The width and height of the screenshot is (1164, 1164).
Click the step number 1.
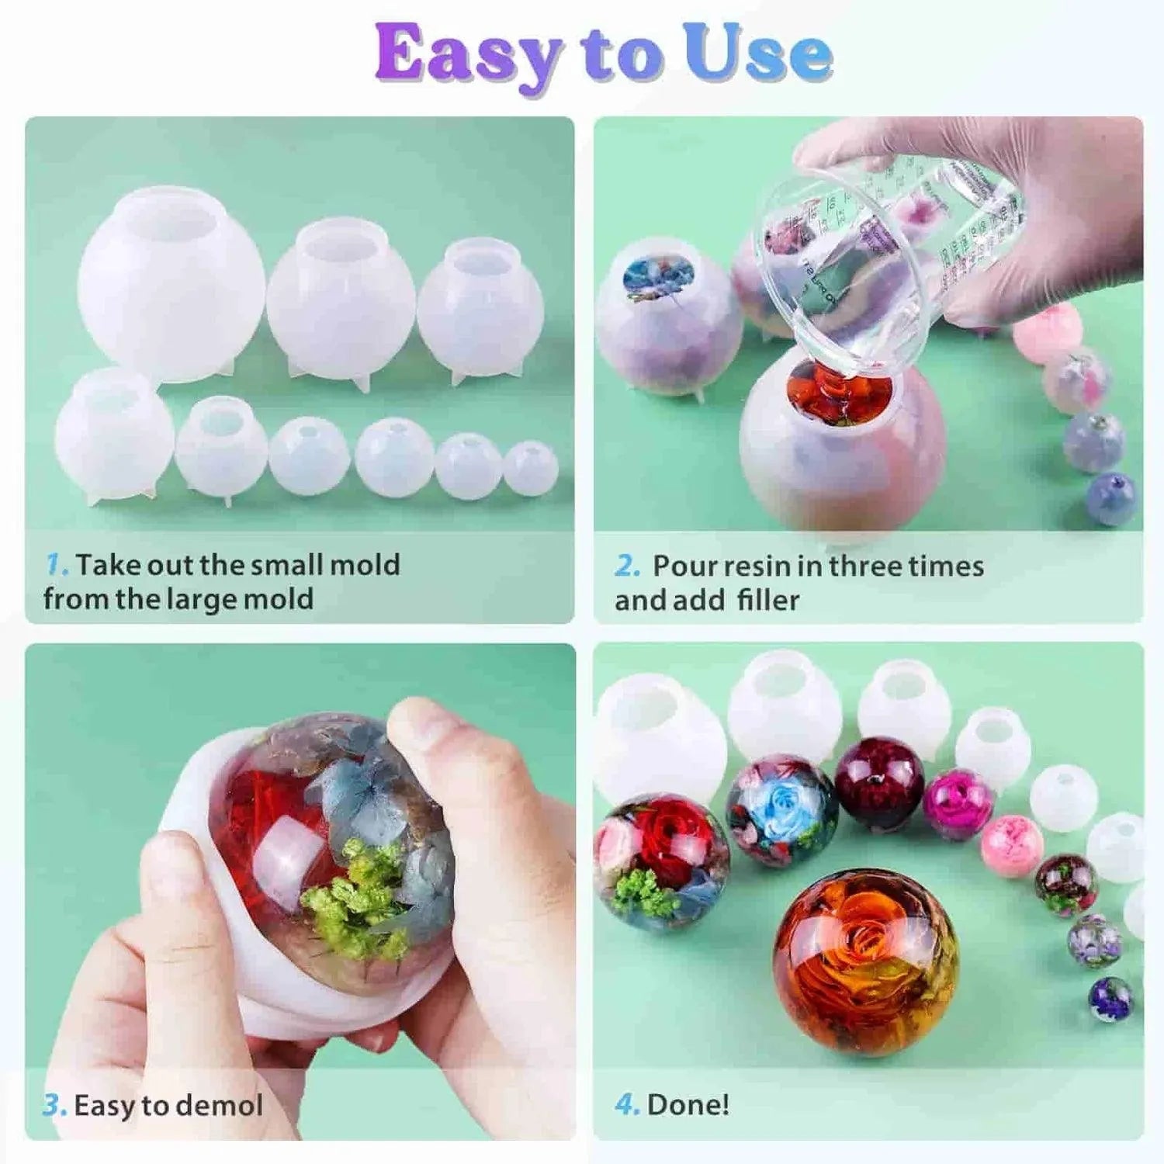pos(56,564)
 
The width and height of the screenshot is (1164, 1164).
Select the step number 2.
pos(627,566)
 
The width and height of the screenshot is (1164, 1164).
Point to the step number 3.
pos(54,1104)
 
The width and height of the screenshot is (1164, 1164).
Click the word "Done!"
pos(688,1104)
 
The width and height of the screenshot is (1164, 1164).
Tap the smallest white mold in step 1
pos(531,467)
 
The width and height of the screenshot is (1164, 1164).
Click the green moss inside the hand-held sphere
pos(353,900)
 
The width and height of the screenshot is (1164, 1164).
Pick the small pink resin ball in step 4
pos(1011,846)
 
